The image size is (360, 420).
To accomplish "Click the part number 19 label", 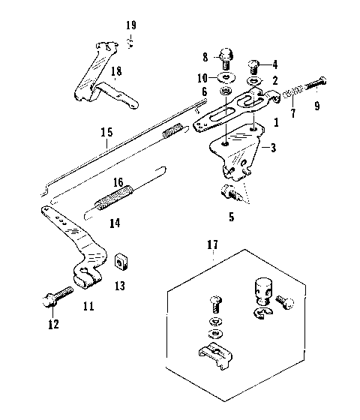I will point(131,25).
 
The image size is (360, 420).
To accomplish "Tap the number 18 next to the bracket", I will point(115,71).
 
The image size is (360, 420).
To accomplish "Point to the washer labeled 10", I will point(224,78).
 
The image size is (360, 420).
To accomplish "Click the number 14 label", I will point(114,222).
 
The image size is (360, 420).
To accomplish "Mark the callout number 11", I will point(88,305).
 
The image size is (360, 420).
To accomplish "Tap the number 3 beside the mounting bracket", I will point(273,147).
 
